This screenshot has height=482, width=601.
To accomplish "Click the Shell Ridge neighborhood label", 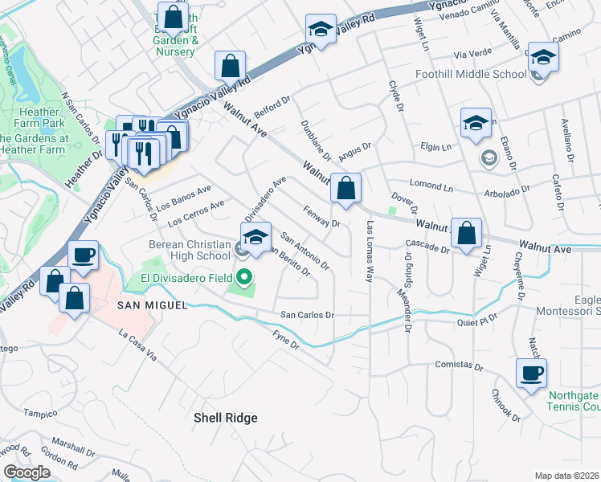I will click(x=226, y=418).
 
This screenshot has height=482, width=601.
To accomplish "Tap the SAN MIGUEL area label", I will click(x=153, y=305).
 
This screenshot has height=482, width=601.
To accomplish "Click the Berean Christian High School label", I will click(x=190, y=250).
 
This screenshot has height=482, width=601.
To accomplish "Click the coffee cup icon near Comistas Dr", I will click(x=532, y=374).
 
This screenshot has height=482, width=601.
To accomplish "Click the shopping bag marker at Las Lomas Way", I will click(x=345, y=190).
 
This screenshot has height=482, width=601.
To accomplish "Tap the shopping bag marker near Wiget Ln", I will click(x=466, y=234).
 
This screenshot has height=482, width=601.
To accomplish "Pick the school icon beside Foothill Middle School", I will click(x=543, y=57).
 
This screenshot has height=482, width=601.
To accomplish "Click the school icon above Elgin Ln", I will click(x=476, y=124).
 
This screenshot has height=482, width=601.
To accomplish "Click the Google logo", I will click(x=27, y=472).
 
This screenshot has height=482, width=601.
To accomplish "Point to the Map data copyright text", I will click(x=567, y=476).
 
